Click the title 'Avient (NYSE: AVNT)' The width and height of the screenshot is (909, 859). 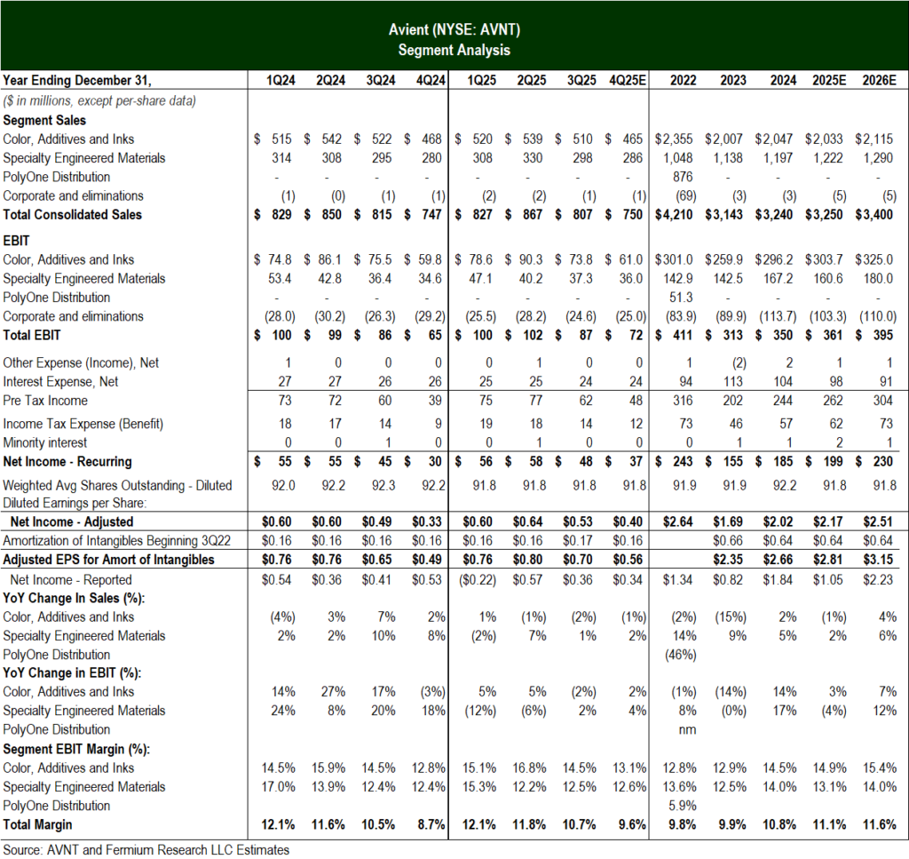click(x=454, y=31)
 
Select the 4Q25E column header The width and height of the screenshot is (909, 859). click(x=628, y=81)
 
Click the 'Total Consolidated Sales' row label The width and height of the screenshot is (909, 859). click(x=73, y=214)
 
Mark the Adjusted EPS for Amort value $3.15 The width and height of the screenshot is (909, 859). click(x=879, y=560)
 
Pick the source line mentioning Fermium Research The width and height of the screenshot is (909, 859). click(x=146, y=849)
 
